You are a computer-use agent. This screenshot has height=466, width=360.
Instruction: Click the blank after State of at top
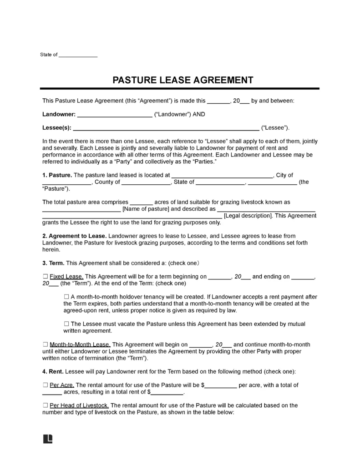(x=78, y=55)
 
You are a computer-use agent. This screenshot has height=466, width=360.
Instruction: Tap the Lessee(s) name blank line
(x=166, y=128)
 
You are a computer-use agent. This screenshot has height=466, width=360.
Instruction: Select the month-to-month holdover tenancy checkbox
(x=66, y=296)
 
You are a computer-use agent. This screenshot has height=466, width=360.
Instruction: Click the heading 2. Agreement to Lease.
(x=74, y=236)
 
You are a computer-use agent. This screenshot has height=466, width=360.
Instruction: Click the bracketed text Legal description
(x=248, y=216)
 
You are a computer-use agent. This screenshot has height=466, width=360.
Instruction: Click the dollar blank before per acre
(x=221, y=385)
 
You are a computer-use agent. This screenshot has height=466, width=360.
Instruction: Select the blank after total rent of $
(x=167, y=392)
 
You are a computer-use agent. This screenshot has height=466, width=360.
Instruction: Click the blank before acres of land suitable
(x=142, y=202)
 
